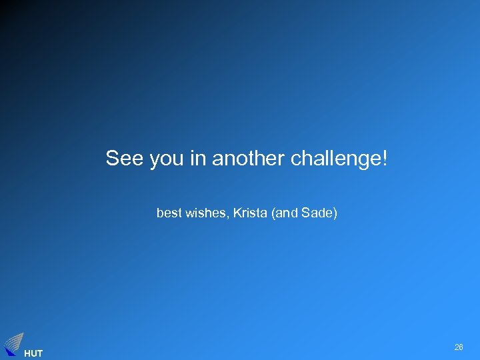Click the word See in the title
coord(125,159)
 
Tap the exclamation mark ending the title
coord(385,159)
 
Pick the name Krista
coord(247,213)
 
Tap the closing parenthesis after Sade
coord(335,214)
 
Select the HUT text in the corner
coord(33,353)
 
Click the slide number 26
coord(459,347)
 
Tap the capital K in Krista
coord(235,213)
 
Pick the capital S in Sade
coord(306,213)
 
